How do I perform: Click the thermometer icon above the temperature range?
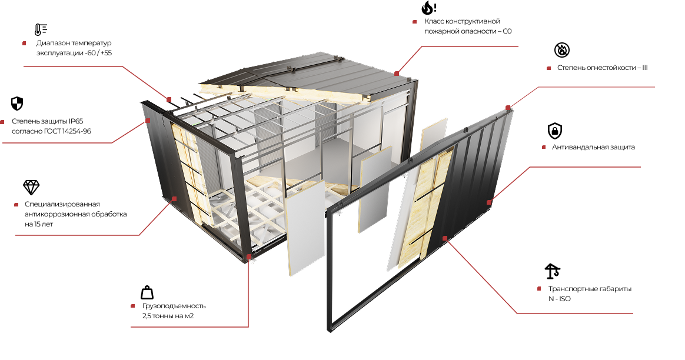tap(41, 29)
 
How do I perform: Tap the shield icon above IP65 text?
tap(16, 104)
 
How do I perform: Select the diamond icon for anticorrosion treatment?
tap(31, 188)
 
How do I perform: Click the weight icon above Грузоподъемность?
tap(147, 293)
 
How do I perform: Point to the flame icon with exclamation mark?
tap(428, 8)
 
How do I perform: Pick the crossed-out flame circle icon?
tap(562, 50)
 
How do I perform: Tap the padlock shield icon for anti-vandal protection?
tap(555, 131)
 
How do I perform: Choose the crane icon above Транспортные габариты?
tap(552, 271)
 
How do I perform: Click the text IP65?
tap(75, 121)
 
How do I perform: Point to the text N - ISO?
tap(560, 299)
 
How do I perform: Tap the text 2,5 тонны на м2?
tap(168, 316)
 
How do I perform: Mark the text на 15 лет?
tap(39, 224)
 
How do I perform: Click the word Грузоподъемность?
tap(174, 306)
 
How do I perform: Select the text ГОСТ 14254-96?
tap(68, 131)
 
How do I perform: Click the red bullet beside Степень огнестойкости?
tap(548, 68)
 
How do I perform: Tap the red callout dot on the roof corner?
tap(397, 74)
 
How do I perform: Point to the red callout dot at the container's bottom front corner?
tap(248, 257)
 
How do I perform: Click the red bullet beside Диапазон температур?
tap(25, 44)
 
